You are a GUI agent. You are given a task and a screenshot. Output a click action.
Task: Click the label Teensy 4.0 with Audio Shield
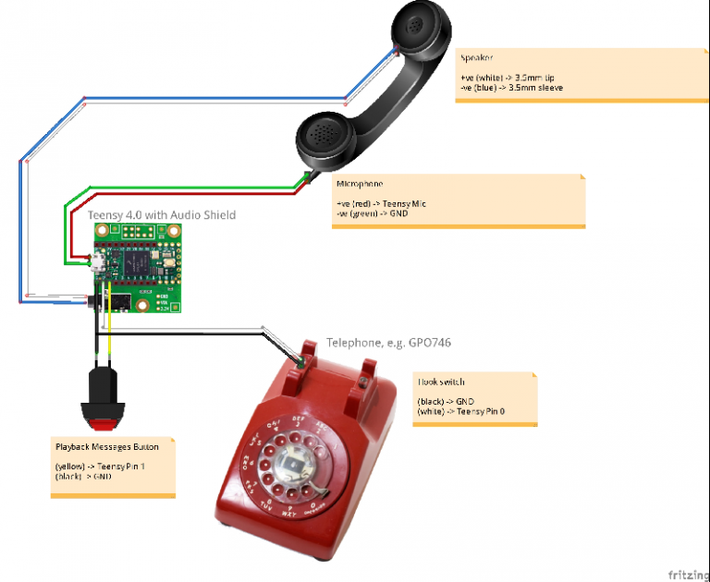(162, 215)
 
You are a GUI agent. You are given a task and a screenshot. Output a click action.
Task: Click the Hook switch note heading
(442, 382)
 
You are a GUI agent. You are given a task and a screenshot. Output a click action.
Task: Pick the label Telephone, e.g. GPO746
(388, 343)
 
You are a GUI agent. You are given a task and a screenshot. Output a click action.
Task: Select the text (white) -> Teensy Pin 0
(462, 411)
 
